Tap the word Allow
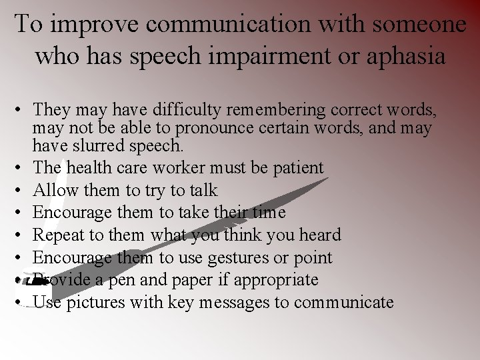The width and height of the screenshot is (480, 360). click(x=55, y=191)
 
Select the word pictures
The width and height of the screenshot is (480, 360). click(x=91, y=303)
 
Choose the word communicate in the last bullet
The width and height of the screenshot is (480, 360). click(x=344, y=303)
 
